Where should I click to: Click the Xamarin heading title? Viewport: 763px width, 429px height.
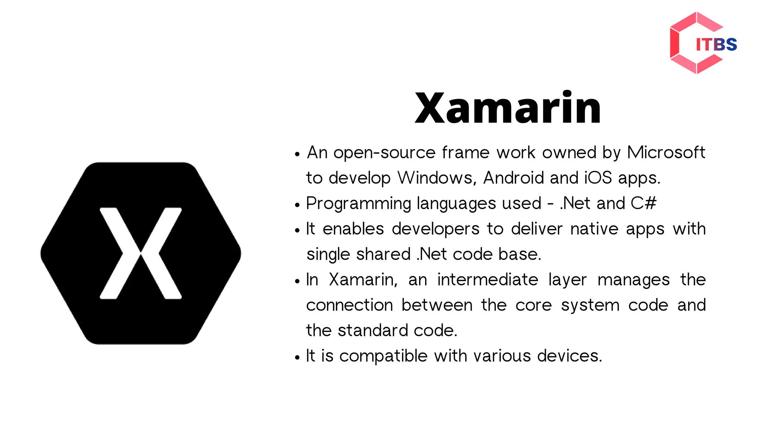tap(508, 108)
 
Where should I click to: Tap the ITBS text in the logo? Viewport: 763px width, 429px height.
tap(716, 45)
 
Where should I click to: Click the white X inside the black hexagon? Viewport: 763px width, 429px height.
tap(141, 253)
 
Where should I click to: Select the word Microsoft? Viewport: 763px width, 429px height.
tap(666, 153)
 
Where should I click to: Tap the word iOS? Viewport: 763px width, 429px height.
tap(598, 178)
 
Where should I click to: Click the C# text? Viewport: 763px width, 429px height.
tap(643, 203)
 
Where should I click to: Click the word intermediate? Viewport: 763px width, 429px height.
tap(488, 280)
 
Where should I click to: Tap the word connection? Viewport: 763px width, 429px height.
tap(349, 305)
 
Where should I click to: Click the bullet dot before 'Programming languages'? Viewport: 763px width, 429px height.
tap(297, 204)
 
